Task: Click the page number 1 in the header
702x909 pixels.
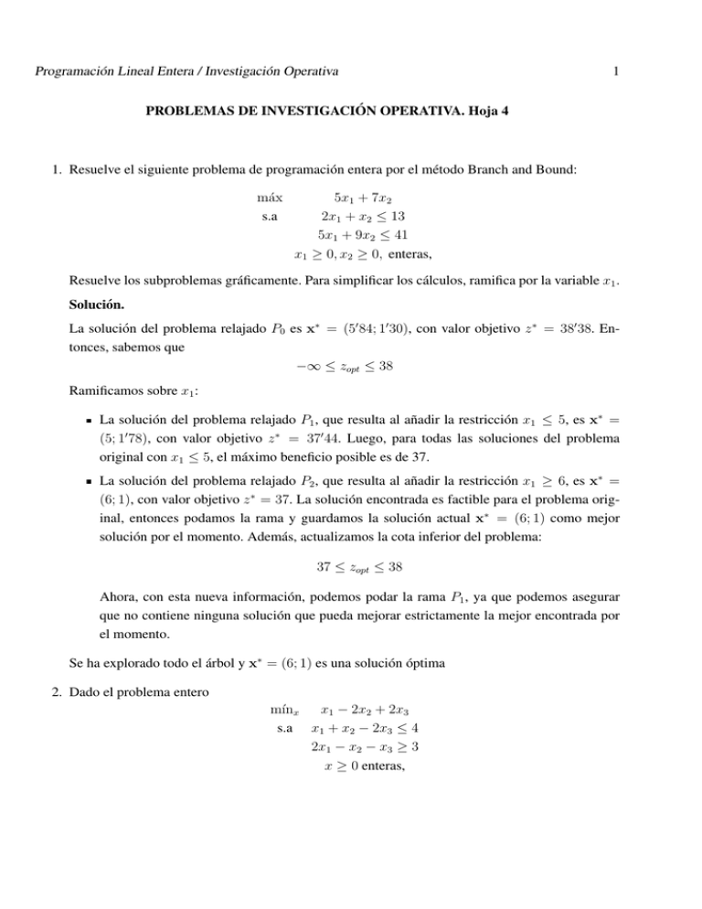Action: (x=618, y=70)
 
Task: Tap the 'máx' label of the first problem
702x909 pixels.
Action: (x=270, y=197)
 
